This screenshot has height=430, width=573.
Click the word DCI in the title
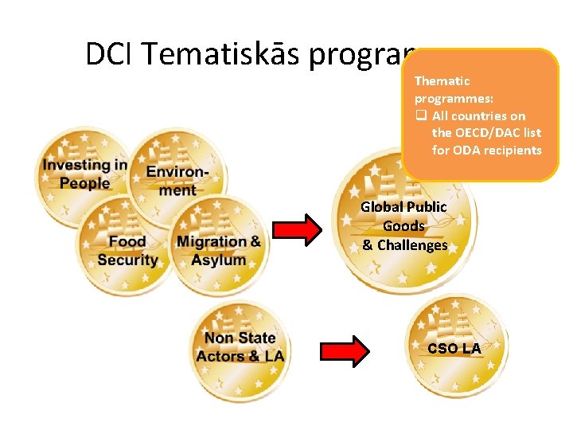coord(112,54)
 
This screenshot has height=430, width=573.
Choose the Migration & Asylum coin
coord(219,245)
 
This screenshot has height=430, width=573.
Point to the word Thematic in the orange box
coord(442,80)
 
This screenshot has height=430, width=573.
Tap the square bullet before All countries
coord(420,116)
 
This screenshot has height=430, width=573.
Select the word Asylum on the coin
coord(218,260)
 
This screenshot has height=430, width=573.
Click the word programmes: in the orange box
coord(454,98)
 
